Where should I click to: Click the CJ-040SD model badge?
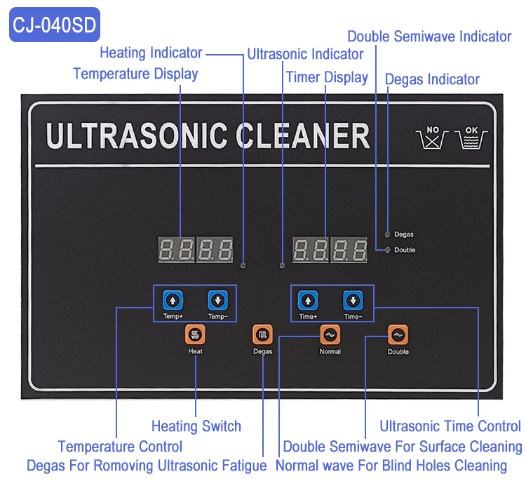[55, 25]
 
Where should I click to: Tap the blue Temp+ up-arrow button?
[173, 301]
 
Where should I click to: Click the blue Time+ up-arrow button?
[308, 301]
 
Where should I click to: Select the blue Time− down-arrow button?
[353, 301]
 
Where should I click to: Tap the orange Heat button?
[195, 334]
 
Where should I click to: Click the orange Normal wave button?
[330, 335]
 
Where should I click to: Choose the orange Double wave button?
[398, 335]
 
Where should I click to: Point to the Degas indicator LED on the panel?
[388, 234]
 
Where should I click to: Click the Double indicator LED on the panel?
[388, 249]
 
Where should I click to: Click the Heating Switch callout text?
[196, 426]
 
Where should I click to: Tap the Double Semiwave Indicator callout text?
[429, 37]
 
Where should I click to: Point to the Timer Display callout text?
[327, 77]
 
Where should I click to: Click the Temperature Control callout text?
[120, 446]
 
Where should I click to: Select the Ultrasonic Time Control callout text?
[450, 426]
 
